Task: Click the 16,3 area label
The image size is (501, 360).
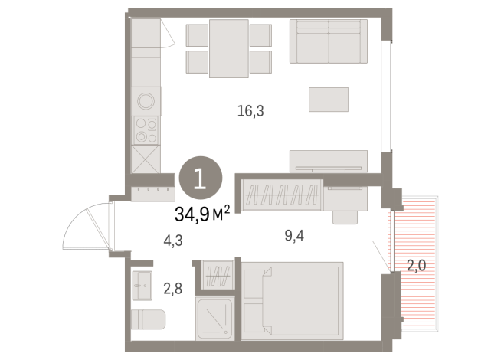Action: (250, 111)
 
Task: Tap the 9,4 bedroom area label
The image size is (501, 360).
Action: (294, 236)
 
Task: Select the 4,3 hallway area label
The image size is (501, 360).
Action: (173, 241)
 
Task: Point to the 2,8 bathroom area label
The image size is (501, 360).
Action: (173, 289)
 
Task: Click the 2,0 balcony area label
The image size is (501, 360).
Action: (416, 266)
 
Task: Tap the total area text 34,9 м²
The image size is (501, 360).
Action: (202, 214)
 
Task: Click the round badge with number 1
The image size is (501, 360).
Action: (201, 178)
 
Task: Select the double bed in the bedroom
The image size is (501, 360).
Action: (293, 301)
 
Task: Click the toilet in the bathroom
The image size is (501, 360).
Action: (148, 319)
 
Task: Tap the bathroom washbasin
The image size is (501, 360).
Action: (142, 286)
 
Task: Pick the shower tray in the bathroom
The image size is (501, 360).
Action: (214, 319)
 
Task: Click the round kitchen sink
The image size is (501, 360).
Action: (146, 101)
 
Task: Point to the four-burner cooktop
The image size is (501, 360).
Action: (146, 130)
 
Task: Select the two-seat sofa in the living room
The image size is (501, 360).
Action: (329, 41)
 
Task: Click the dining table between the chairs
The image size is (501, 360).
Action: (229, 48)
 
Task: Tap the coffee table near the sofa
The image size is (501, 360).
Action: (329, 100)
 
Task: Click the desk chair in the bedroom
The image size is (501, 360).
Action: (345, 218)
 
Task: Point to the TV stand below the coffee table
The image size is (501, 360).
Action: (329, 162)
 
